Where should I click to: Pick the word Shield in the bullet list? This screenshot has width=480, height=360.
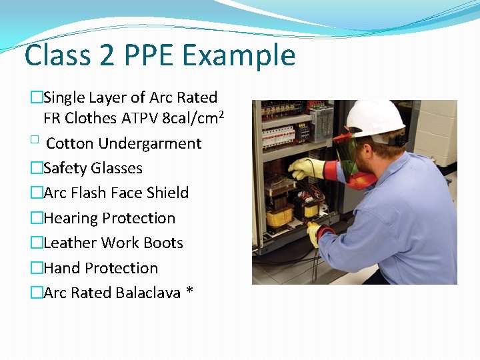[x=167, y=193]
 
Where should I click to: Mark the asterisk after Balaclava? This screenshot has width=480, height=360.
[x=190, y=291]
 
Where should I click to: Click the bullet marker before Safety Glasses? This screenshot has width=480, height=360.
[x=36, y=168]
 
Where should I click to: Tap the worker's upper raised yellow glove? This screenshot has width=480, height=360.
[x=305, y=168]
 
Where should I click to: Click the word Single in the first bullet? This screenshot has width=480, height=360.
[x=65, y=97]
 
